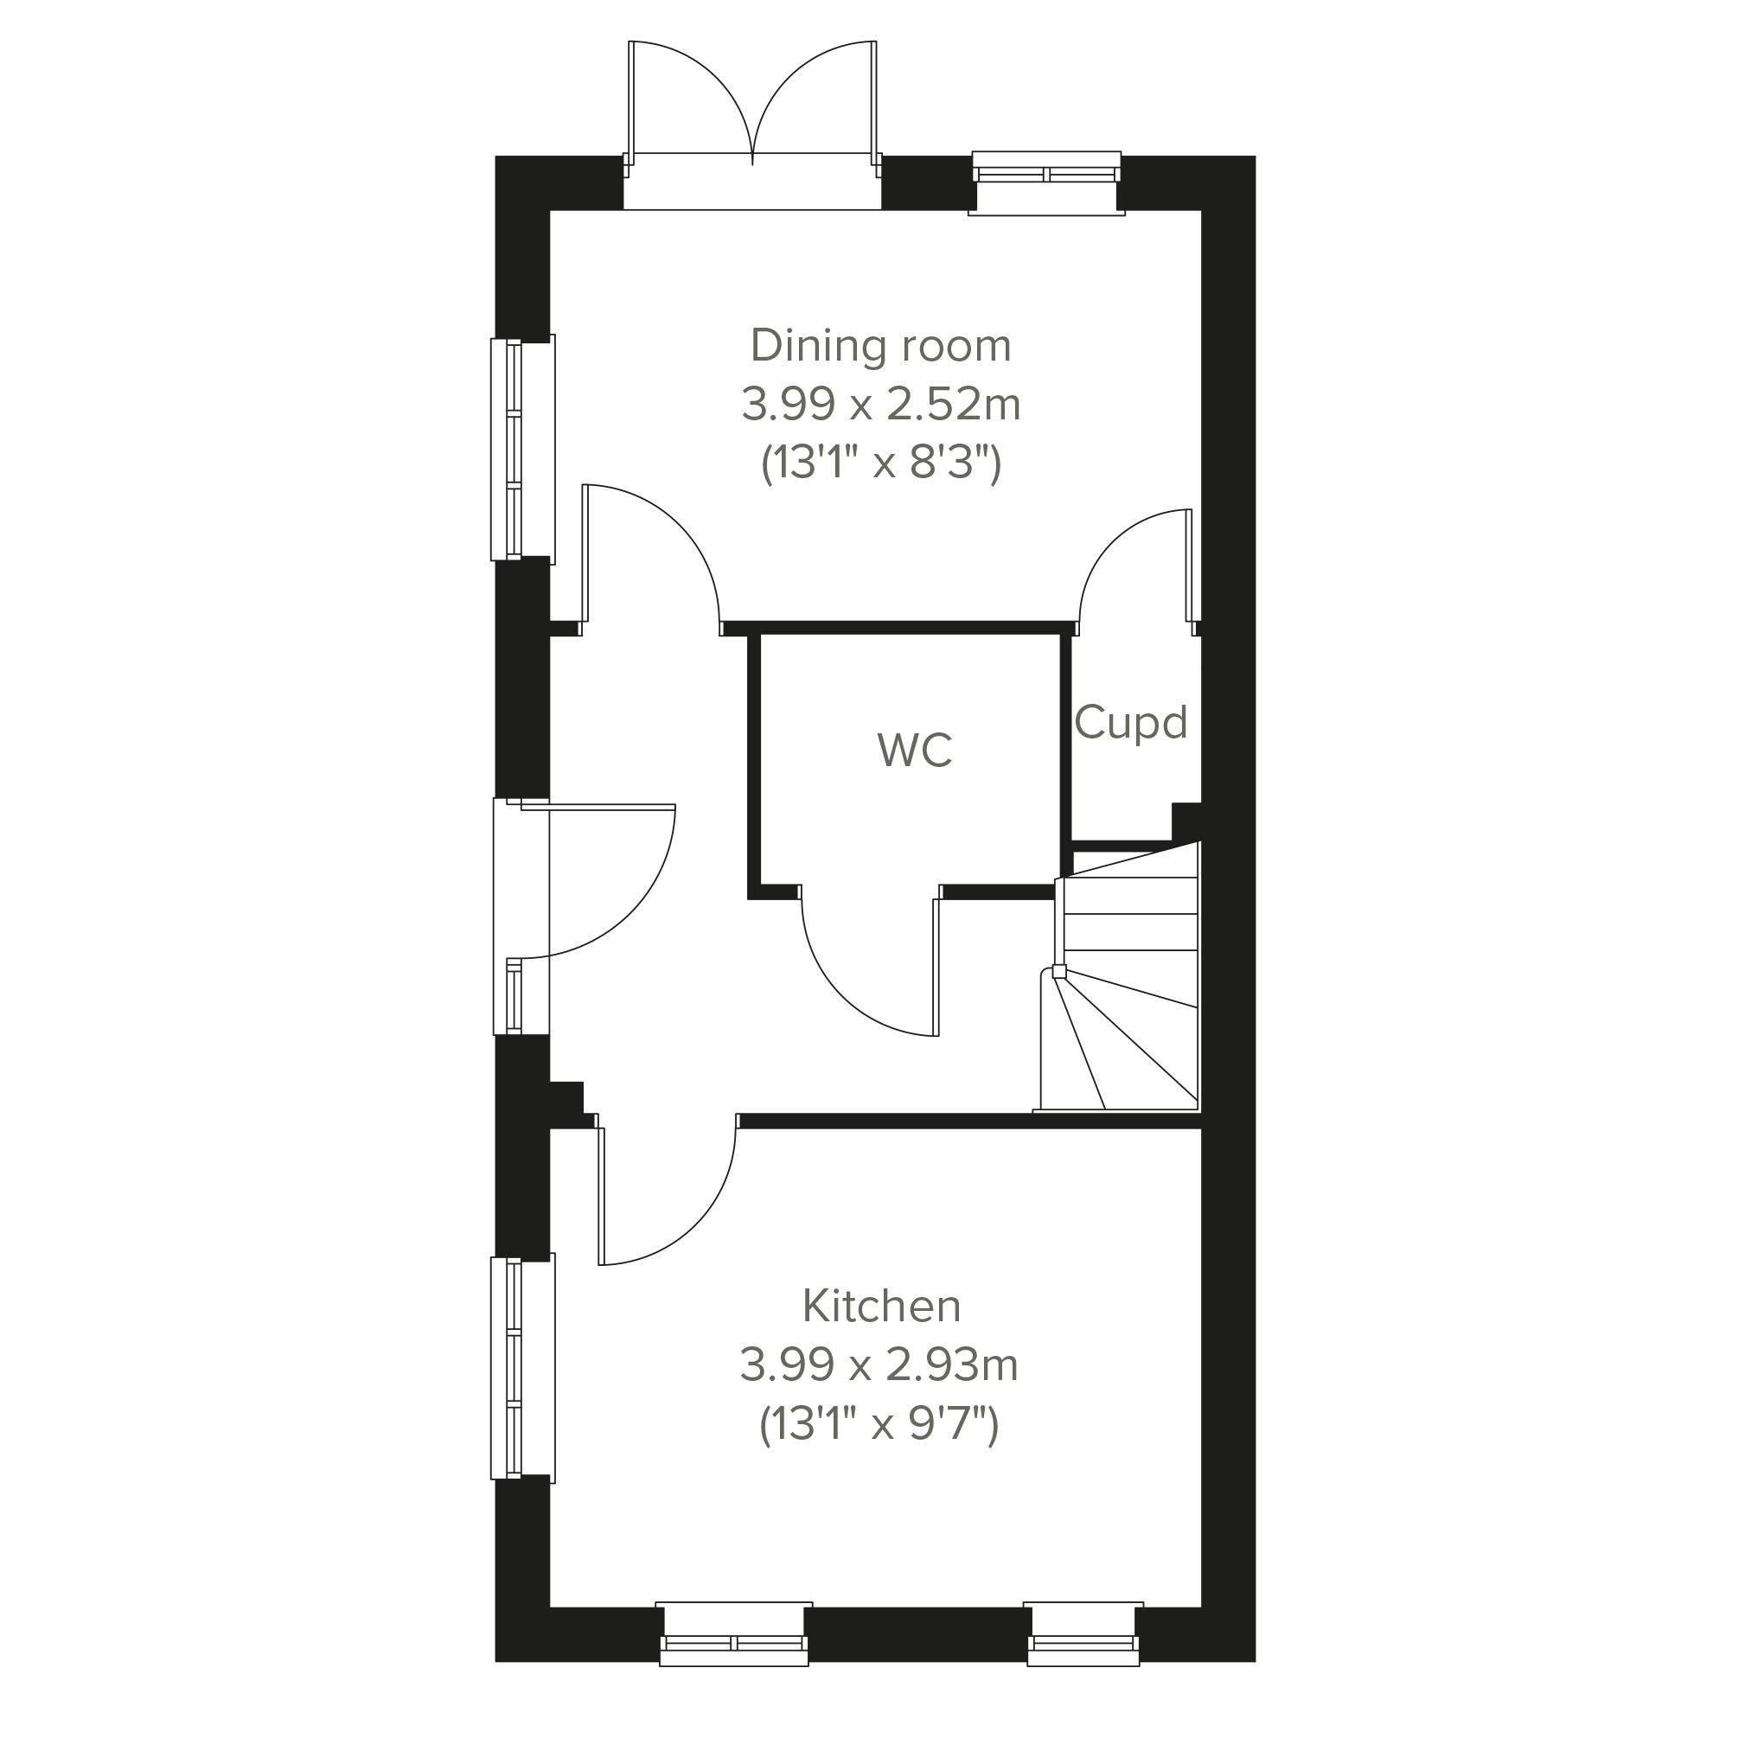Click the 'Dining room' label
881,346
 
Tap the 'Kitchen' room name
881,1306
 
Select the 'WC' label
915,751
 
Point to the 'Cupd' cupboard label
1131,722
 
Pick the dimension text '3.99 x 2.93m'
879,1364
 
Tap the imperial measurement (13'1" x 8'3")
881,463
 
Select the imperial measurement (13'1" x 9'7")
879,1425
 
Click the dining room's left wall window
522,449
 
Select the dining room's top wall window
1047,183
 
